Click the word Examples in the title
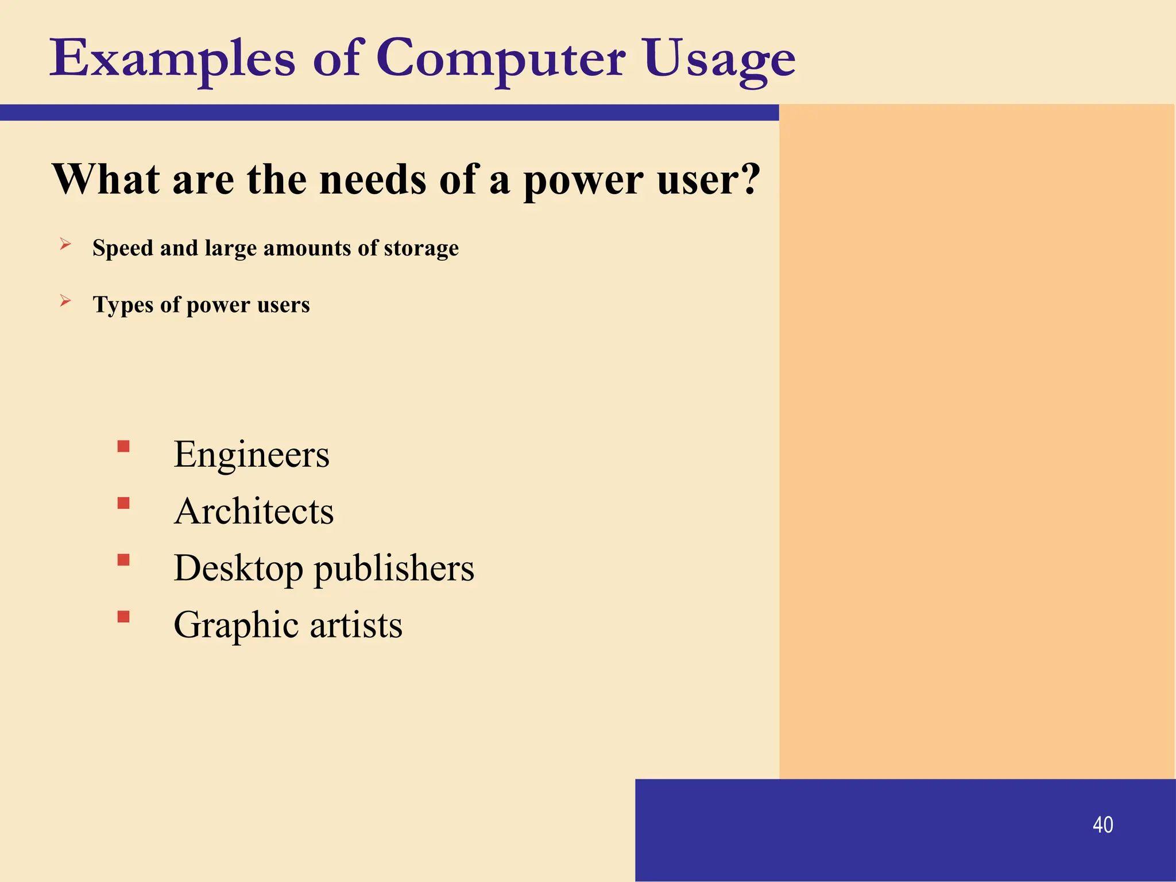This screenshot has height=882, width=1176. tap(172, 59)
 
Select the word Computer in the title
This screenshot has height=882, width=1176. tap(501, 59)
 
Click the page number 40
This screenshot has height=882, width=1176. tap(1102, 825)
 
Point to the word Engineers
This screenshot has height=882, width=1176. tap(252, 454)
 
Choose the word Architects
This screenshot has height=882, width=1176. tap(254, 511)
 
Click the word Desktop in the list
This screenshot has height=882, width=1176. tap(238, 568)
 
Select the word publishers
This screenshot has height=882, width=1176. tap(394, 568)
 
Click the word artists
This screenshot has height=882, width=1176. tap(356, 625)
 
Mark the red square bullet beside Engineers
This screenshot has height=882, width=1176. tap(123, 446)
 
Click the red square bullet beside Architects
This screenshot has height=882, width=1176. tap(123, 503)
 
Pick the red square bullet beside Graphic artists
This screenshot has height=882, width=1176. tap(123, 617)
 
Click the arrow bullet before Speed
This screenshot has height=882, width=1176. tap(65, 245)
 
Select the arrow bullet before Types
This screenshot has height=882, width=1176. tap(65, 301)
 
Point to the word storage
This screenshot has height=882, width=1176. tap(421, 248)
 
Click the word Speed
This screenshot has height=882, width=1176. tap(123, 248)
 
